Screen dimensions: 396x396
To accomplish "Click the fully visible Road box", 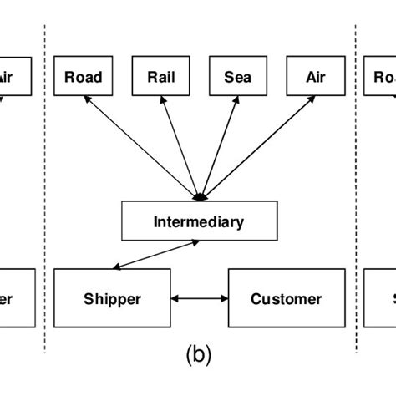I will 84,78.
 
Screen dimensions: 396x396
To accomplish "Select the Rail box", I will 161,78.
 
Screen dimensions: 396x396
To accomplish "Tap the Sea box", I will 238,78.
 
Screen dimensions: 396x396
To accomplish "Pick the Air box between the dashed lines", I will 315,78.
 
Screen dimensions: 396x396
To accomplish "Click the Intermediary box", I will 198,221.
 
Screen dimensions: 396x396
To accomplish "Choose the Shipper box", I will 112,298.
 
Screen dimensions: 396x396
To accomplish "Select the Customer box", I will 286,298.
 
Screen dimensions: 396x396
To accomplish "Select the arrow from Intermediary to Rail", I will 180,145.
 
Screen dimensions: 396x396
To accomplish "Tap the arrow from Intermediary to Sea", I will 218,145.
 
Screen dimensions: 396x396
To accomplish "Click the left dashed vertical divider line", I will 44,184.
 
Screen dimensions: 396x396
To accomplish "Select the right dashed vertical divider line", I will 357,184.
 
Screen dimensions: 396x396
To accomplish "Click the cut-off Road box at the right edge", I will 380,78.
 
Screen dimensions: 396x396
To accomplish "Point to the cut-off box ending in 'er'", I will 15,298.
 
